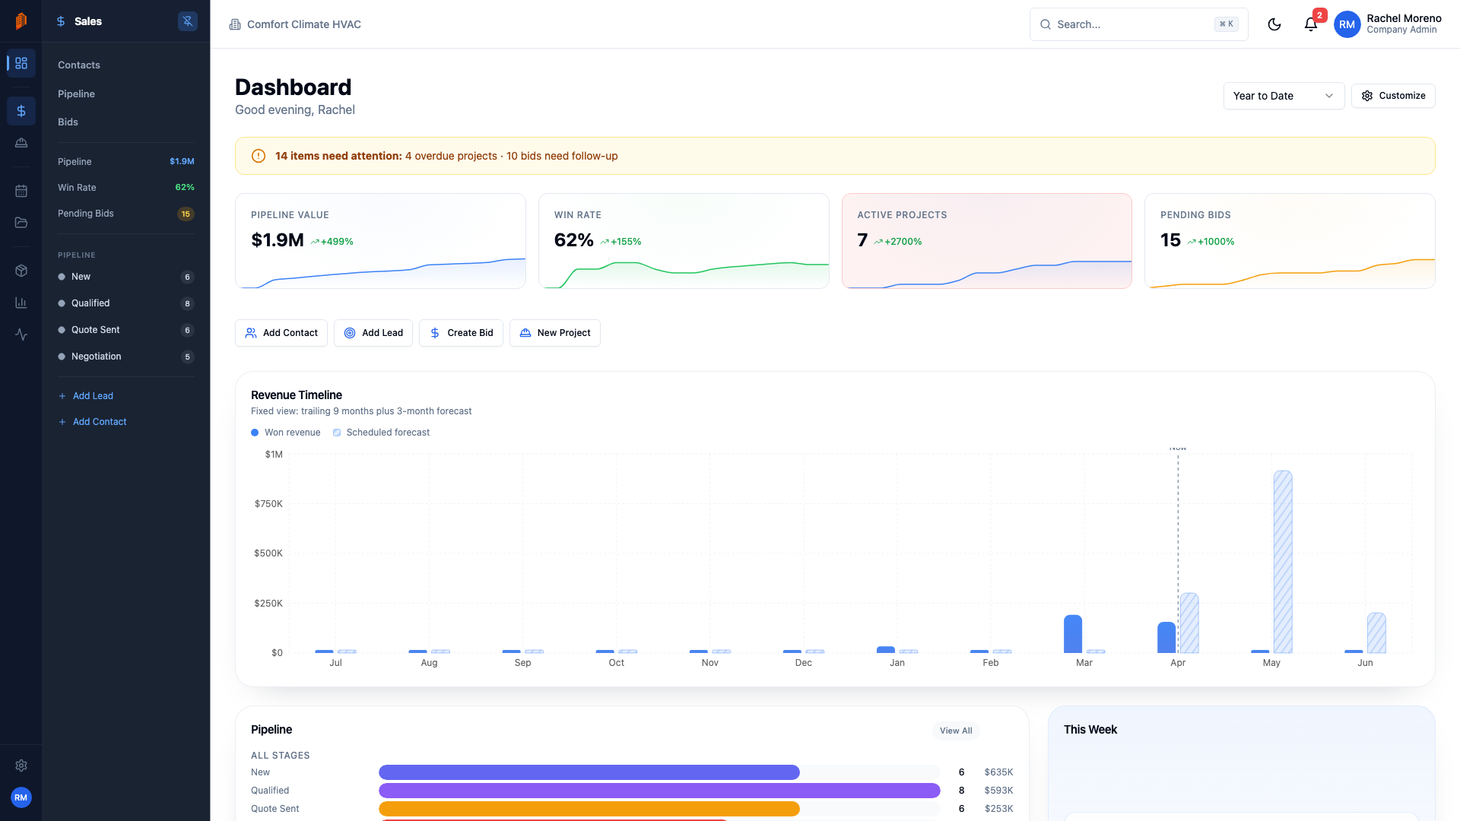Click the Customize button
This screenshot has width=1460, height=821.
click(1392, 96)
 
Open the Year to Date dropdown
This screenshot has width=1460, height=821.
click(1283, 96)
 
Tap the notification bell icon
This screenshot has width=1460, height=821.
click(1310, 24)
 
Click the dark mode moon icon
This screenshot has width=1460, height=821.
click(1274, 24)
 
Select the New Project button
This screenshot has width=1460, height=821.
click(554, 333)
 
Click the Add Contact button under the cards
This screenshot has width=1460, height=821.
click(281, 333)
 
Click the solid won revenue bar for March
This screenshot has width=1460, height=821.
click(1072, 633)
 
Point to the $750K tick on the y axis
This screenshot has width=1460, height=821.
click(268, 504)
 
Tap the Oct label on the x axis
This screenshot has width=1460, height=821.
click(616, 663)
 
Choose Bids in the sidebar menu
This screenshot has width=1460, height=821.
click(68, 122)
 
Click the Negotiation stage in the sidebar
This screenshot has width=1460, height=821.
click(96, 357)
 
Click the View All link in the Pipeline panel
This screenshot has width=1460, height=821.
click(955, 731)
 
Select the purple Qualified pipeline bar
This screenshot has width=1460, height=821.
click(659, 791)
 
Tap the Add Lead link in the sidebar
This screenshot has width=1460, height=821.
click(92, 396)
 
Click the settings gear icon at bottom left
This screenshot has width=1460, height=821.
click(21, 766)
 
